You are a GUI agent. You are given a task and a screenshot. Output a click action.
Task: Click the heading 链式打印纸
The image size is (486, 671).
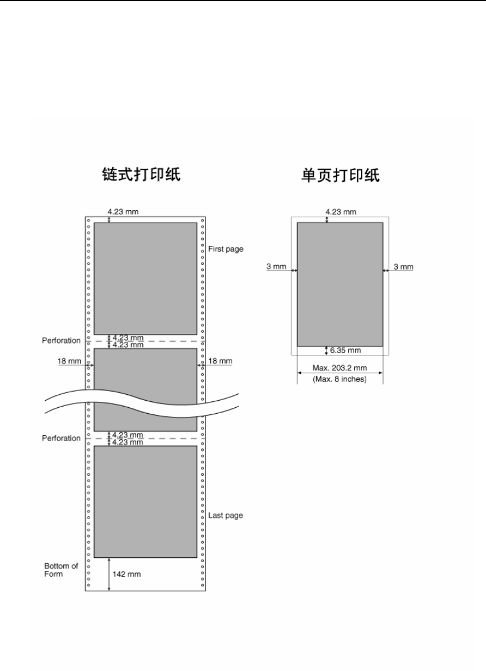[139, 175]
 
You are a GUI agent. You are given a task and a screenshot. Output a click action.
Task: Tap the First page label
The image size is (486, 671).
[226, 249]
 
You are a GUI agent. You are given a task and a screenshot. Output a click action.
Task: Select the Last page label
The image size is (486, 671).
[225, 515]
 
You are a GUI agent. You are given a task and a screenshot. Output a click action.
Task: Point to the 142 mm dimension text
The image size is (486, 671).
[127, 575]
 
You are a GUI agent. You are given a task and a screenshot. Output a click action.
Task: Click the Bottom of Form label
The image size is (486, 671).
[61, 570]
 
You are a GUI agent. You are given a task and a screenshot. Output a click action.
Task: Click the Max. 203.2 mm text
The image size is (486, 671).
[339, 368]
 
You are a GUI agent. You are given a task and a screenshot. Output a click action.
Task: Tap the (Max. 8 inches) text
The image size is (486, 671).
[339, 379]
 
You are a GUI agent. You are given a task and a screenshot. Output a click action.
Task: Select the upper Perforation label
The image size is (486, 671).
[61, 341]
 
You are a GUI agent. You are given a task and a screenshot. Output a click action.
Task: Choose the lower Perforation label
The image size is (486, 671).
[61, 438]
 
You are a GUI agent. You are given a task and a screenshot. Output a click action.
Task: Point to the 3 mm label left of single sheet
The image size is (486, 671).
[276, 267]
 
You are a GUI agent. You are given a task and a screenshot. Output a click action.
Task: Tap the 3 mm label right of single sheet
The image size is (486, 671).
[403, 267]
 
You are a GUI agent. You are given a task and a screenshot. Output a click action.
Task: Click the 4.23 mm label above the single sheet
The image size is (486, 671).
[341, 211]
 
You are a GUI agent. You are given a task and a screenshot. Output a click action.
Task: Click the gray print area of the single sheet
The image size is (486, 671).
[339, 283]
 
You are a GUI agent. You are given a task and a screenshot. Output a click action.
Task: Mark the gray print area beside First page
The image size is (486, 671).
[145, 278]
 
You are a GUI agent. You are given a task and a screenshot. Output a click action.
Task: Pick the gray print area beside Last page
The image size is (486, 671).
[145, 501]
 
